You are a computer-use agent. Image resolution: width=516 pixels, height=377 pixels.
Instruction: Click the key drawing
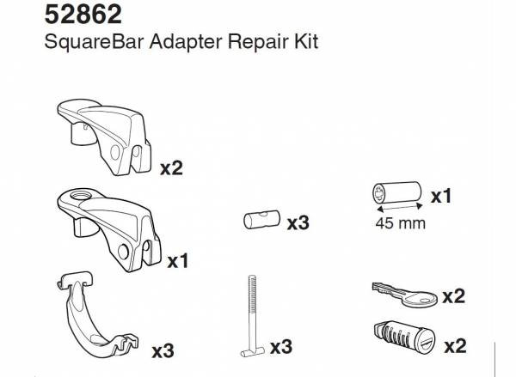pos(404,295)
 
